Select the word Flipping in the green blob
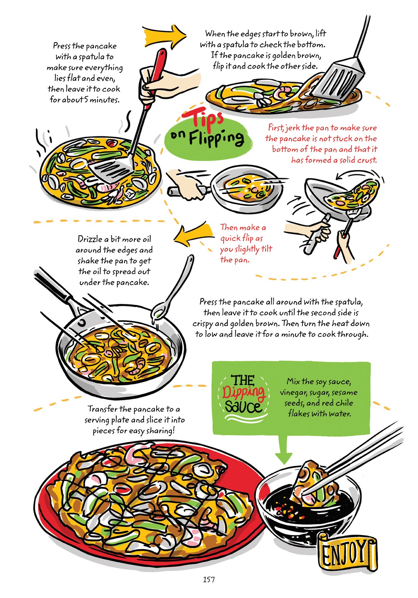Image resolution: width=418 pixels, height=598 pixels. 216,138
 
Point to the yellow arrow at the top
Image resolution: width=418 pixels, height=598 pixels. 164,35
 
